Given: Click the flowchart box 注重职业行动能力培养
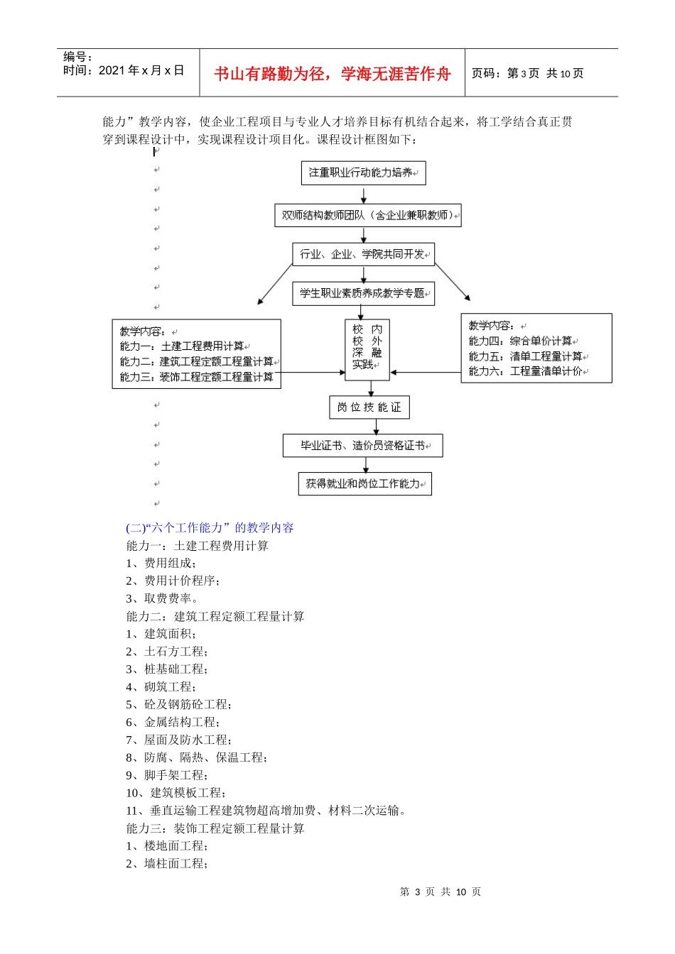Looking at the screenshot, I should click(x=363, y=173).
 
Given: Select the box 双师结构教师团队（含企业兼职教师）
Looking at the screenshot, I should click(x=367, y=215).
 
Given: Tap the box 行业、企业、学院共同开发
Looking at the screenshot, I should click(x=363, y=254).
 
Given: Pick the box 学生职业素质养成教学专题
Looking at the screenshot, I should click(x=363, y=293).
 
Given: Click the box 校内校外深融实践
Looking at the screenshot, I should click(x=367, y=349).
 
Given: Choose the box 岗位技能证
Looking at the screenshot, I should click(x=369, y=407).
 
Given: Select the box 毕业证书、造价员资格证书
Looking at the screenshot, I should click(x=362, y=446).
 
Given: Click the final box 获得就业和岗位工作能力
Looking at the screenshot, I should click(x=364, y=484).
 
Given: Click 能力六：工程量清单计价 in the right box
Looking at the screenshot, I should click(x=526, y=371).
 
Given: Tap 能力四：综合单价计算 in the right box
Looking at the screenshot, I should click(x=522, y=341).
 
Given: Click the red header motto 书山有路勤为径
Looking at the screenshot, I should click(x=332, y=74).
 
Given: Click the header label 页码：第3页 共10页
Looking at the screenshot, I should click(x=527, y=74).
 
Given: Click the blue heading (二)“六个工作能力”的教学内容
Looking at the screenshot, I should click(x=210, y=527).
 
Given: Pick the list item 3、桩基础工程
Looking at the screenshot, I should click(x=166, y=669).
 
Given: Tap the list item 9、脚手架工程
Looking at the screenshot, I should click(x=166, y=775).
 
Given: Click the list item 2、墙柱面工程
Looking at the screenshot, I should click(x=166, y=864).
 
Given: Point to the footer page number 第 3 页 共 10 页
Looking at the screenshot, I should click(x=441, y=892).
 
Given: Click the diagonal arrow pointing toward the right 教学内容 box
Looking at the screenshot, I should click(x=453, y=282).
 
